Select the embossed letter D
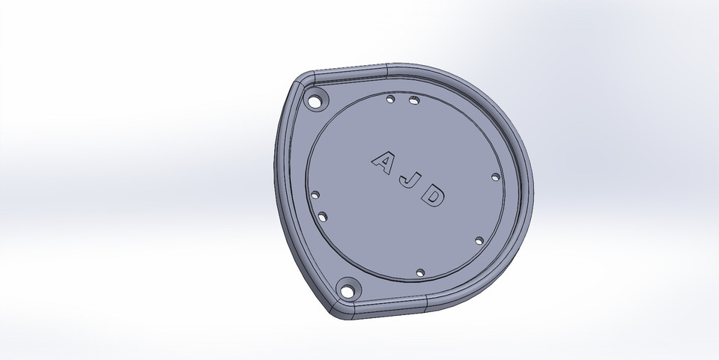[434, 197]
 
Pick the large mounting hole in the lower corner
[348, 286]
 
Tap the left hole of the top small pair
[389, 98]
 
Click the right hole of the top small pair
[413, 100]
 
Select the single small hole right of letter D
[496, 177]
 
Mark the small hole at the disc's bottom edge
[420, 272]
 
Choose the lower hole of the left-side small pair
[323, 217]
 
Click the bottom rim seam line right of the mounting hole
[425, 302]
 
